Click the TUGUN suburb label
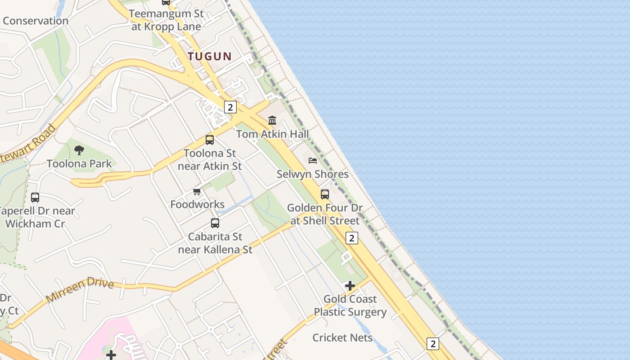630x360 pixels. pos(210,56)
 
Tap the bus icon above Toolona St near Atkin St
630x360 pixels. pos(210,139)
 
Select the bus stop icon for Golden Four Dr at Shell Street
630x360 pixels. pos(325,194)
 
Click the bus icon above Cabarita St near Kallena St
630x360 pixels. pos(215,223)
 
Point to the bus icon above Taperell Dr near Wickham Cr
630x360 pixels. pos(35,197)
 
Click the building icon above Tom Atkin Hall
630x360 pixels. pos(272,120)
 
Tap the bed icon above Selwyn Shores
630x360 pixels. pos(313,160)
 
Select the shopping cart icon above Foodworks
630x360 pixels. pos(197,192)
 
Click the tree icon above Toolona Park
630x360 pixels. pos(79,150)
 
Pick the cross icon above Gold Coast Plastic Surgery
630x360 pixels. pos(350,286)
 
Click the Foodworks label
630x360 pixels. pos(197,204)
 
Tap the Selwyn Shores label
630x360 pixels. pos(312,174)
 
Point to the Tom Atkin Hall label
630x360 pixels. pos(273,134)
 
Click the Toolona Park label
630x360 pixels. pos(79,163)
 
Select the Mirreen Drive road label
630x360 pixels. pos(80,290)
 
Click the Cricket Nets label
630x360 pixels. pos(342,337)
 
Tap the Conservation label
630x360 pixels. pos(36,21)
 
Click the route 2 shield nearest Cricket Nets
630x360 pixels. pos(432,344)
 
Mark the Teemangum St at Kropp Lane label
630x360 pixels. pos(166,20)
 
